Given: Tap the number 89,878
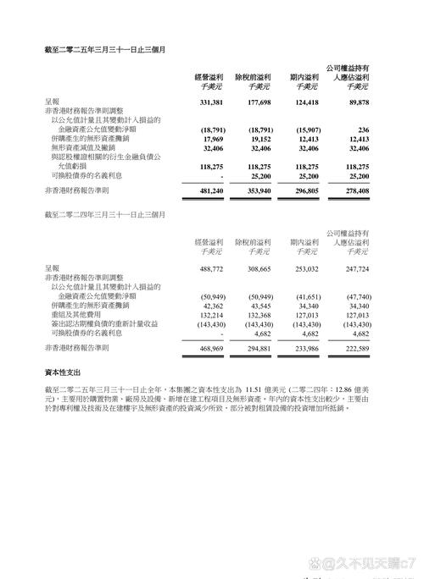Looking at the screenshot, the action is click(355, 102).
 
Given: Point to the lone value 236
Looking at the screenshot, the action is click(363, 129).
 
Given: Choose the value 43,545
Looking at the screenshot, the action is click(258, 305).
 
